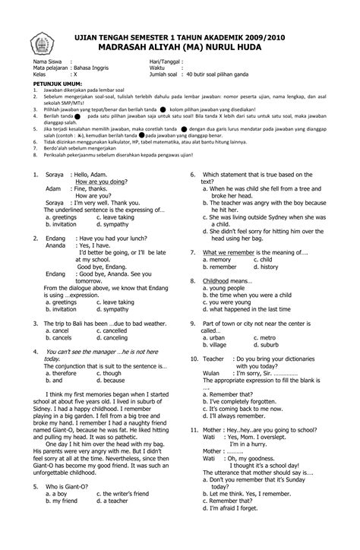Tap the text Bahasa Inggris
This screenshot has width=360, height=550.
(90, 68)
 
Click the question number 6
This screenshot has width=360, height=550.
(193, 175)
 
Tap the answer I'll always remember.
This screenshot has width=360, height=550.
(240, 416)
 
